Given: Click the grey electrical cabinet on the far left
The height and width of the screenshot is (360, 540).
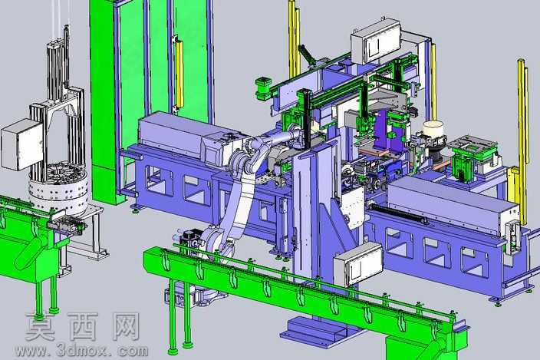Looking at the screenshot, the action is point(21,144).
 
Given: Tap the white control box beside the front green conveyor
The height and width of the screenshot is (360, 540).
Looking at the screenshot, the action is point(358,263).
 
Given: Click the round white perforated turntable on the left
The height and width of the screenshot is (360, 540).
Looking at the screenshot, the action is point(60,190).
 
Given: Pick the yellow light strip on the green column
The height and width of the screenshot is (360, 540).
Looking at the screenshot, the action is point(179,72).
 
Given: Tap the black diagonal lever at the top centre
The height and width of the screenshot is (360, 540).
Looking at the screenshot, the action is point(307,54).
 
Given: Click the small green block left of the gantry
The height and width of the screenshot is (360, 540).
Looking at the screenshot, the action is point(263,88).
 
